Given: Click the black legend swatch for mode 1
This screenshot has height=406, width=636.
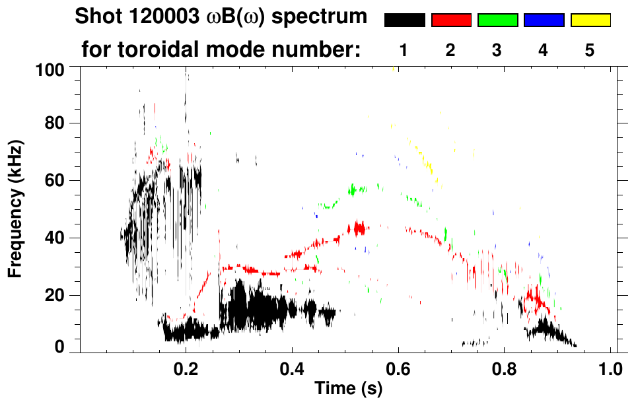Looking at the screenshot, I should pos(404,20).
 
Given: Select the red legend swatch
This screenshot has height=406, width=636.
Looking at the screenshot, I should pos(451,20).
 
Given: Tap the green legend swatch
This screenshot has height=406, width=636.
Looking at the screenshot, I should pos(497,20).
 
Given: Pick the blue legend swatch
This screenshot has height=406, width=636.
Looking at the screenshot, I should pos(544,20).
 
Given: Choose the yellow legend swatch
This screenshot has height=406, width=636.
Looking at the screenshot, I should pos(590,20).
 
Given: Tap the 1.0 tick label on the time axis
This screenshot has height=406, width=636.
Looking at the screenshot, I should pos(611,367).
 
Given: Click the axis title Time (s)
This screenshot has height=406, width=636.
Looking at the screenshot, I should pos(347,389).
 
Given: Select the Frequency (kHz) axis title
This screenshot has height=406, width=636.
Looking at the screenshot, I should pos(16,209).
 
